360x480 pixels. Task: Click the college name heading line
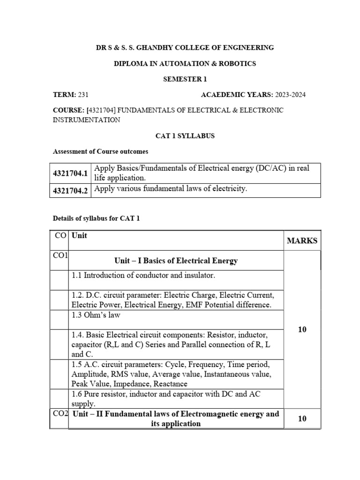pyautogui.click(x=185, y=47)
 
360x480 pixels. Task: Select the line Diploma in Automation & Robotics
pyautogui.click(x=185, y=63)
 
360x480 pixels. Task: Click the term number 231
pyautogui.click(x=83, y=95)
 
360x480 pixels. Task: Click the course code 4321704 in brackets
pyautogui.click(x=102, y=110)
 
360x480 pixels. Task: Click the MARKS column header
pyautogui.click(x=302, y=241)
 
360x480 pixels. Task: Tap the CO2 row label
pyautogui.click(x=59, y=413)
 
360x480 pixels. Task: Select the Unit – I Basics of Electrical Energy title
pyautogui.click(x=176, y=261)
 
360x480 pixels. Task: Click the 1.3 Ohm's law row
pyautogui.click(x=96, y=315)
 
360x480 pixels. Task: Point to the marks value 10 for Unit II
pyautogui.click(x=302, y=418)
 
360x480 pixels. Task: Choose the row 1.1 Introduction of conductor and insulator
pyautogui.click(x=143, y=276)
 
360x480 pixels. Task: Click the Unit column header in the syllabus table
pyautogui.click(x=79, y=236)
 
